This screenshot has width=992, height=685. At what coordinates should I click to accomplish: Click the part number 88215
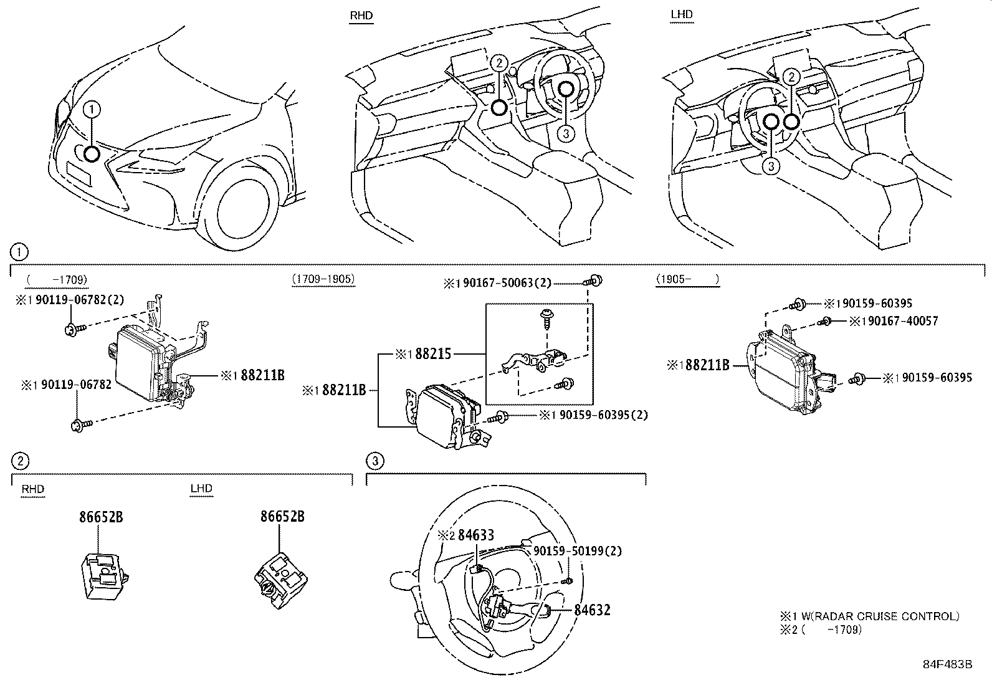[x=432, y=354]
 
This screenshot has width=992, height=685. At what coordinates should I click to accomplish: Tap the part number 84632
[x=592, y=610]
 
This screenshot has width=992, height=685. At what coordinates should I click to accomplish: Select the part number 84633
[x=475, y=535]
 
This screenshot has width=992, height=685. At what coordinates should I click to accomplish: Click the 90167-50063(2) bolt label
[x=507, y=283]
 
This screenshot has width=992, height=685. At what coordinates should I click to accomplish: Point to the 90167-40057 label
[x=902, y=321]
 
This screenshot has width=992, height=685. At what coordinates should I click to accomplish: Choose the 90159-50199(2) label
[x=578, y=551]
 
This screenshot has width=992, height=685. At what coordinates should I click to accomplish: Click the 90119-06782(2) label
[x=80, y=300]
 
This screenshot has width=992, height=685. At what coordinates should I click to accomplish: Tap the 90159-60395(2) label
[x=604, y=414]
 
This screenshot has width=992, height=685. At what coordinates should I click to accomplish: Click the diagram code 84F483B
[x=947, y=664]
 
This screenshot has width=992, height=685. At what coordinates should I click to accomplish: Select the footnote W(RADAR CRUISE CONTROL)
[x=880, y=616]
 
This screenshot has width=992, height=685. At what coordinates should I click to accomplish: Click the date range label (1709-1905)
[x=323, y=279]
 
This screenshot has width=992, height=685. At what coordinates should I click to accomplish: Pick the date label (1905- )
[x=687, y=279]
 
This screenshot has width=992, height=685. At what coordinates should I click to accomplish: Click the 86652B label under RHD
[x=101, y=517]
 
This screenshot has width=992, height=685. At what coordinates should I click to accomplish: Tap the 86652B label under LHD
[x=282, y=517]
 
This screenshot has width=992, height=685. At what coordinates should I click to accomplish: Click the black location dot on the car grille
[x=92, y=154]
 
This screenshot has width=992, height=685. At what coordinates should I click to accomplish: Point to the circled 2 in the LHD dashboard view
[x=791, y=77]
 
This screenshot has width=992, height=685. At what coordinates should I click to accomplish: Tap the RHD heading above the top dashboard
[x=361, y=16]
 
